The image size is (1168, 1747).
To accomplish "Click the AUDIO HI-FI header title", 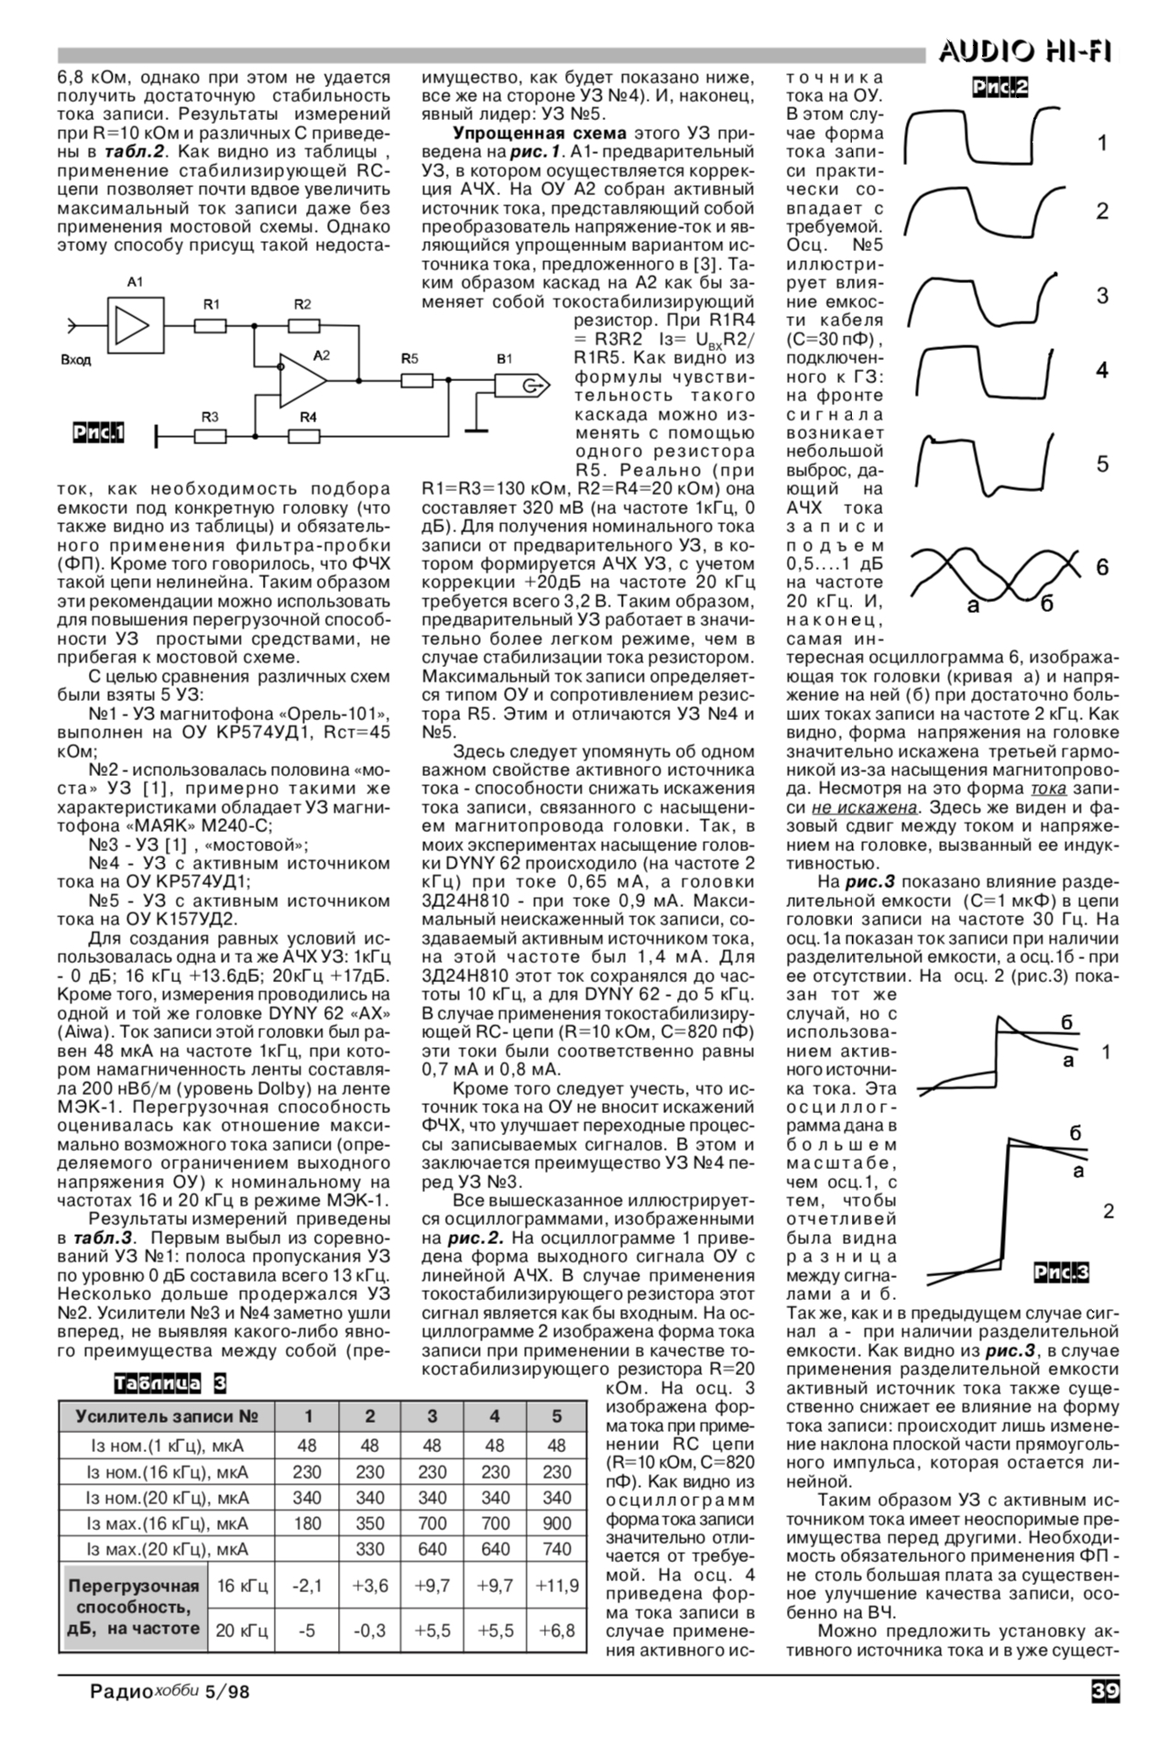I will pos(1024,53).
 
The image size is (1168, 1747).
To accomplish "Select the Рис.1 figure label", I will pos(99,432).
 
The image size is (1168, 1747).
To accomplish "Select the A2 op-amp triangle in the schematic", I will pos(302,379).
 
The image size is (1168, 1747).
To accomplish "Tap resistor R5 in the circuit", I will pos(417,379).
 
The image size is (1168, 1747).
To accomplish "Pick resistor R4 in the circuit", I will pos(305,435).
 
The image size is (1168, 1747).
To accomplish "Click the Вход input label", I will pos(76,360).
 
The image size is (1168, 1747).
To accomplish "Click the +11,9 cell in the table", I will pos(556,1585).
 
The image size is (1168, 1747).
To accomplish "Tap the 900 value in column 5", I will pos(556,1523).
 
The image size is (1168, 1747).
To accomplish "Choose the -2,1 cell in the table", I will pos(307,1585).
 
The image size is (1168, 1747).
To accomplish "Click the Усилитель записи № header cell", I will pos(166,1416).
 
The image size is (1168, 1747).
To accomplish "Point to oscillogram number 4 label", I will pos(1103,371).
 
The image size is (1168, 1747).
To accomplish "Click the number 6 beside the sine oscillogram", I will pos(1103,568).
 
